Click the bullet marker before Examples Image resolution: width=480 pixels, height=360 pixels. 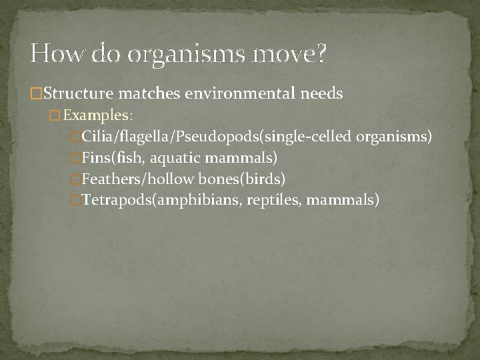(54, 115)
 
